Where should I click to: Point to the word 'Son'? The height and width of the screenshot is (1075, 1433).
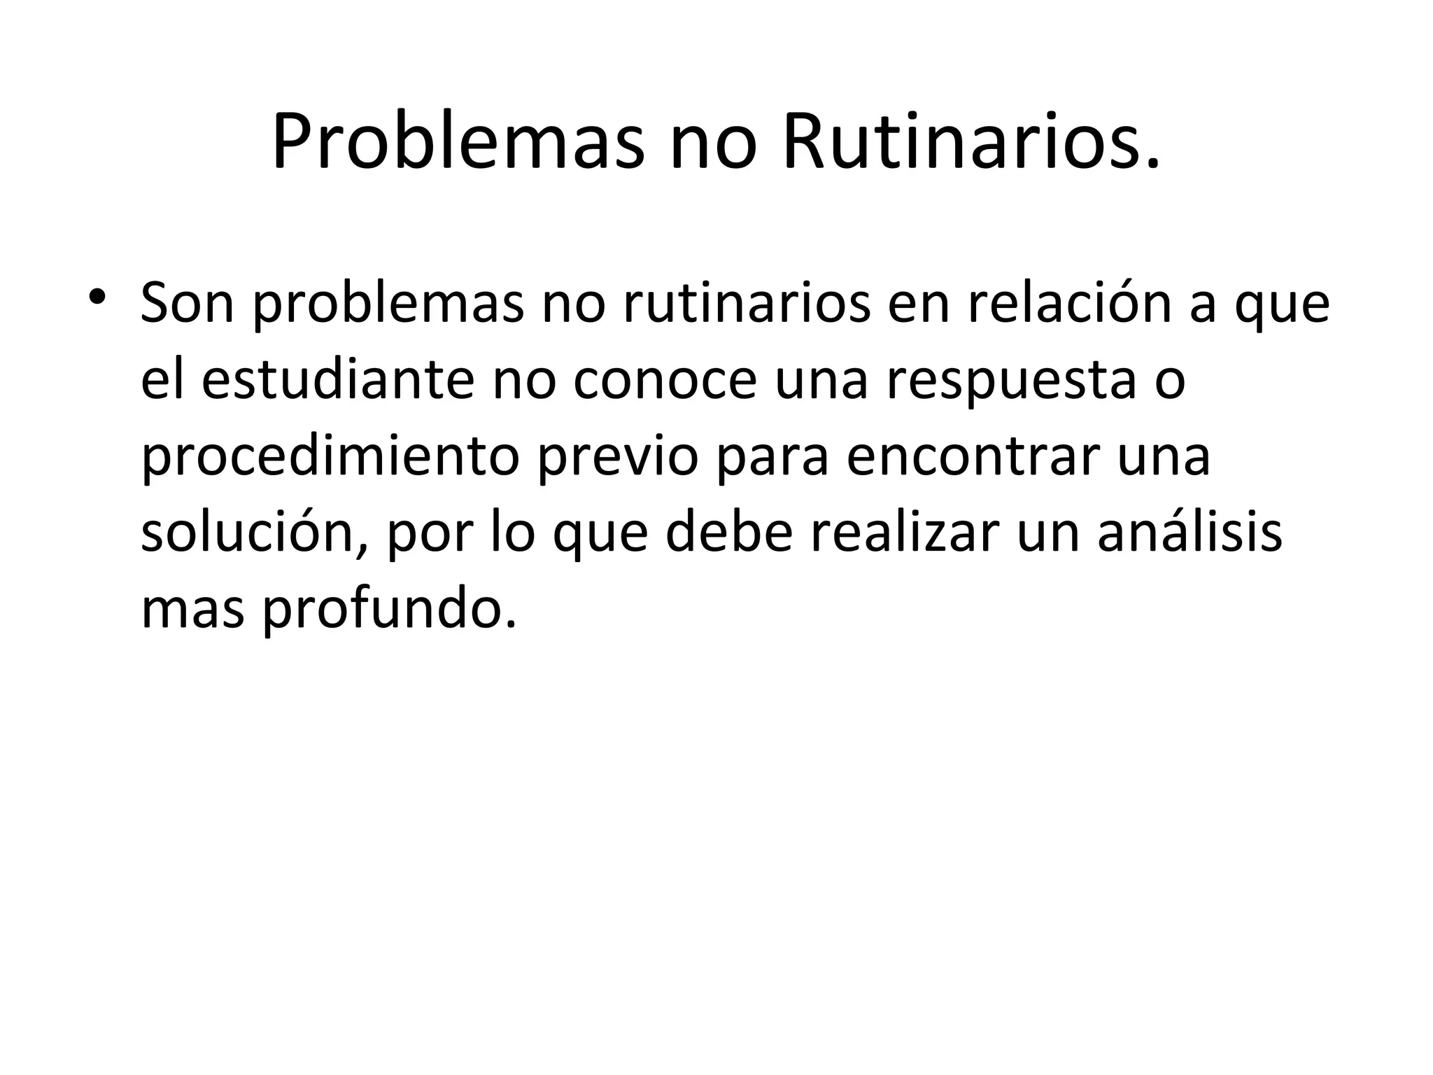[x=187, y=304]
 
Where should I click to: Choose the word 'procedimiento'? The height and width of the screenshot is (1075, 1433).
[x=330, y=456]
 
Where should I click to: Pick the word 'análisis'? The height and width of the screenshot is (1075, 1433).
[x=1189, y=533]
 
